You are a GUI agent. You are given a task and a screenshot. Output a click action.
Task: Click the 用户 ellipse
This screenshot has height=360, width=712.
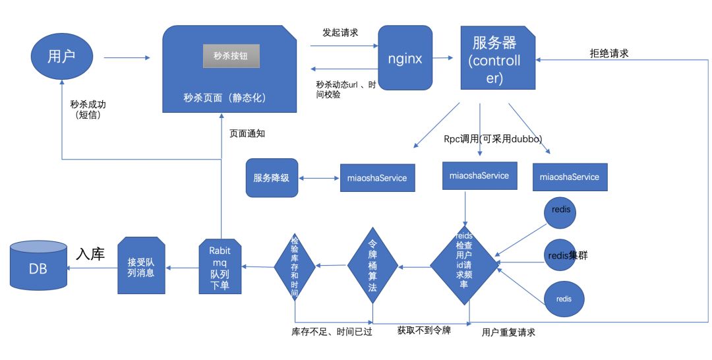pyautogui.click(x=62, y=56)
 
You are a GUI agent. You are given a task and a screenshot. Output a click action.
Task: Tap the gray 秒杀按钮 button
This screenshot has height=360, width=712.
pyautogui.click(x=231, y=56)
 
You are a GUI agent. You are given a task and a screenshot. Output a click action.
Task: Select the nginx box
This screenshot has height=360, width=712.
pyautogui.click(x=405, y=57)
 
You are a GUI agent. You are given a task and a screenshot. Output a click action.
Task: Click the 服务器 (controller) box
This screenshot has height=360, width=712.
pyautogui.click(x=498, y=57)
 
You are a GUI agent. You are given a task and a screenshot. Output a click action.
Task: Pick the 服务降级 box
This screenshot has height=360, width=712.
pyautogui.click(x=272, y=178)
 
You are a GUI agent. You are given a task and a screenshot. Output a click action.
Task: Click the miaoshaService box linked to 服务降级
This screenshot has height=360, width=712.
pyautogui.click(x=377, y=178)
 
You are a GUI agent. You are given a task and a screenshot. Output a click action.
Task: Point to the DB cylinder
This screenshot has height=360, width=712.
pyautogui.click(x=39, y=266)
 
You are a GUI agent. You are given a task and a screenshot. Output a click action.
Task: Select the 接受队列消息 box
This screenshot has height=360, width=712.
pyautogui.click(x=141, y=266)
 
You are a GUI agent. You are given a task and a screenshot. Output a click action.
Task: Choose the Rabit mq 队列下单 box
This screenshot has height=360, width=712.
pyautogui.click(x=220, y=266)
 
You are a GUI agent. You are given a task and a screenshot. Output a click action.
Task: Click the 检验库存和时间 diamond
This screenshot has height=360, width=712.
pyautogui.click(x=295, y=266)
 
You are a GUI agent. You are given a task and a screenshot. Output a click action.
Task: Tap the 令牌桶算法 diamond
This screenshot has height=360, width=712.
pyautogui.click(x=372, y=266)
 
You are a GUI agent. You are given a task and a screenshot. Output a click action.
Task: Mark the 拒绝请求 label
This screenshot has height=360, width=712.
pyautogui.click(x=609, y=53)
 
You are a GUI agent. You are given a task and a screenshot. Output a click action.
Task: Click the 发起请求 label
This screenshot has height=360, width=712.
pyautogui.click(x=340, y=33)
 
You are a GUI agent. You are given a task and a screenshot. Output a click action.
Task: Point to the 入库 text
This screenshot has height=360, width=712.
pyautogui.click(x=90, y=254)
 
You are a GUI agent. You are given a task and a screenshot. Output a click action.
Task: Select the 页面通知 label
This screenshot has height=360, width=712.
pyautogui.click(x=247, y=133)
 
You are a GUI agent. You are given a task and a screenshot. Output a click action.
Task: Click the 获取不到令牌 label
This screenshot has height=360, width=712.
pyautogui.click(x=424, y=330)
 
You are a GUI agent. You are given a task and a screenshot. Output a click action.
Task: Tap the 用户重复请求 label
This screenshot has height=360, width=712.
pyautogui.click(x=508, y=332)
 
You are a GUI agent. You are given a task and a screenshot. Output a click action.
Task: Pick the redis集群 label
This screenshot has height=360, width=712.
pyautogui.click(x=568, y=256)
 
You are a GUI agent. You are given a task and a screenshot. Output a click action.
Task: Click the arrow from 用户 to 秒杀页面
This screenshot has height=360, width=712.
pyautogui.click(x=127, y=57)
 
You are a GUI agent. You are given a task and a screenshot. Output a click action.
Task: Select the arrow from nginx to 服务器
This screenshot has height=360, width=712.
pyautogui.click(x=443, y=57)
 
